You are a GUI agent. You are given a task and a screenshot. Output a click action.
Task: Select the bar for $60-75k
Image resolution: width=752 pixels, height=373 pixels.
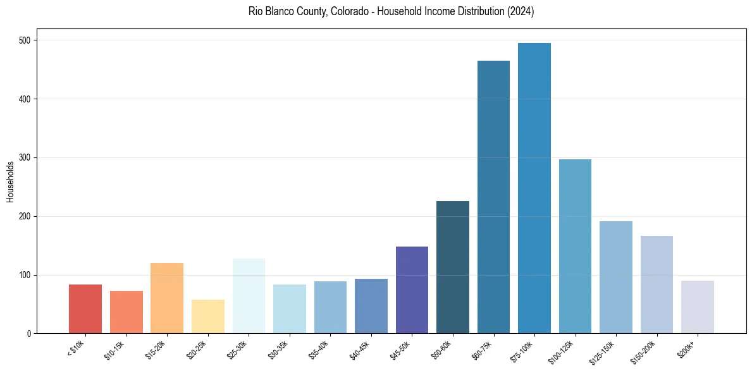pos(493,197)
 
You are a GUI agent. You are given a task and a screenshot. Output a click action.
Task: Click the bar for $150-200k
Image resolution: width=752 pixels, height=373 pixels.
pos(656,284)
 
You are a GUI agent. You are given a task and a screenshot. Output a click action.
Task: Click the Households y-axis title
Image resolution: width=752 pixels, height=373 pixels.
pos(10,181)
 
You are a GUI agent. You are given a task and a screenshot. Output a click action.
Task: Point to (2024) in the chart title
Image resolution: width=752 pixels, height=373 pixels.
pos(519,11)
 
